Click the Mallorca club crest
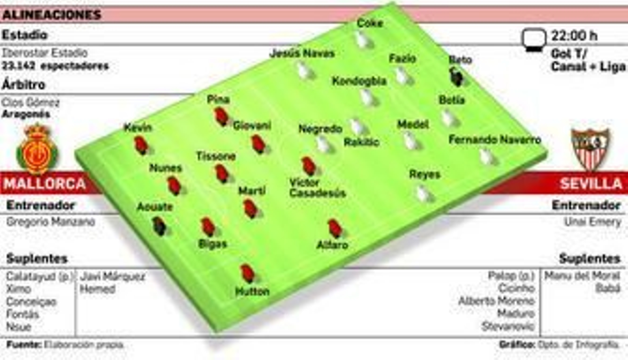[37, 149]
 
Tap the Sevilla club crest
[590, 149]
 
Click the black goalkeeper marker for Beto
[456, 77]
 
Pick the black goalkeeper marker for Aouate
[159, 226]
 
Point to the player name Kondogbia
[359, 81]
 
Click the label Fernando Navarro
[495, 139]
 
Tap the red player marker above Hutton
[247, 273]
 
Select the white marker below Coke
[361, 40]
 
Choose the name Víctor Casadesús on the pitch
[317, 188]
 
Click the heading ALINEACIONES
[51, 15]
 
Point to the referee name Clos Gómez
[30, 103]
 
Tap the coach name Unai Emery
[593, 222]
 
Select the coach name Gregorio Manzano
[51, 222]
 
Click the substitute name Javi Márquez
[113, 277]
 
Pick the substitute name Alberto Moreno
[497, 301]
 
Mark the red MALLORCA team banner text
[45, 184]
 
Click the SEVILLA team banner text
[591, 184]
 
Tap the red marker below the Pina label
[221, 117]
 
